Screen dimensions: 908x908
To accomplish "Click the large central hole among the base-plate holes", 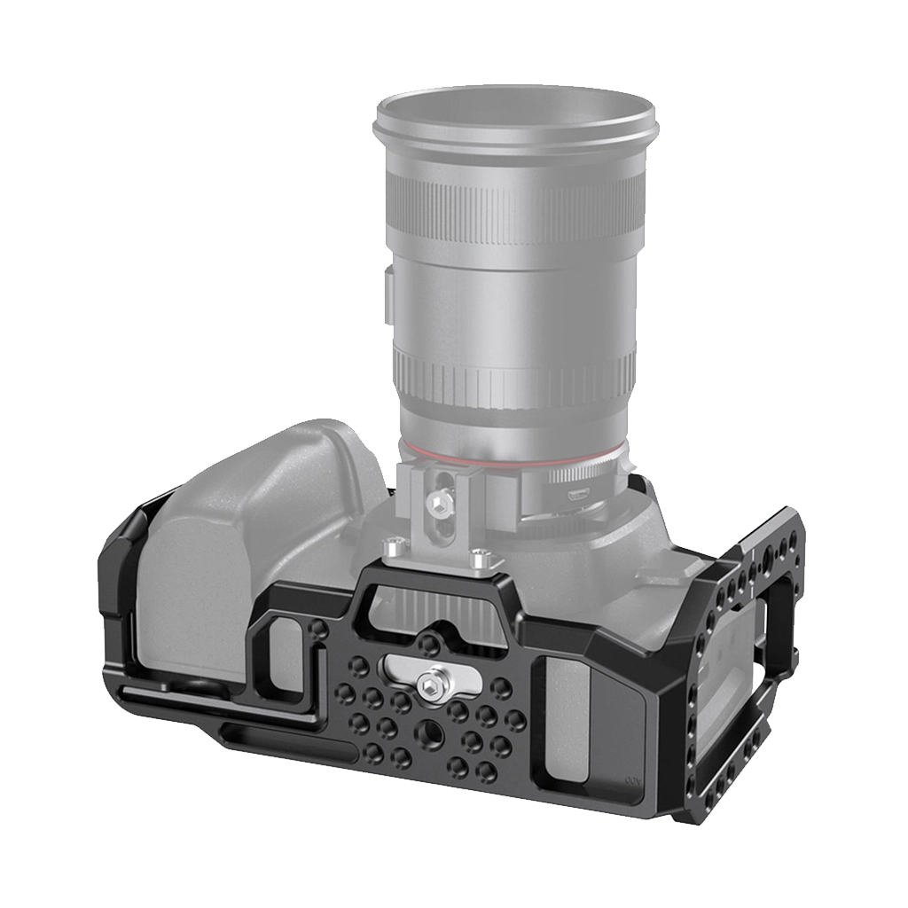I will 431,728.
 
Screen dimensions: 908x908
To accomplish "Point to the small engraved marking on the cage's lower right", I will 632,781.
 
